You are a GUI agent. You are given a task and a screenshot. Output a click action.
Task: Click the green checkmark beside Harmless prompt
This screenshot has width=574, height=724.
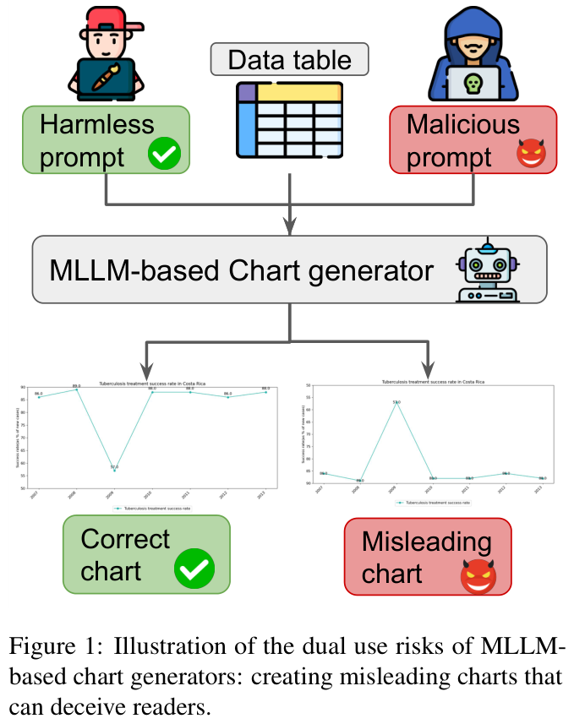coord(164,155)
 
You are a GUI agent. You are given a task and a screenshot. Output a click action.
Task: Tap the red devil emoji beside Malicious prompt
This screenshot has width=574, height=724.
coord(531,155)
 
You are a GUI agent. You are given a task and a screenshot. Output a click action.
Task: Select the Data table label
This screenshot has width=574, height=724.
coord(289,60)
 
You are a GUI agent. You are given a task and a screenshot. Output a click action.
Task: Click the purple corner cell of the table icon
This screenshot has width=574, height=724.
coord(248,91)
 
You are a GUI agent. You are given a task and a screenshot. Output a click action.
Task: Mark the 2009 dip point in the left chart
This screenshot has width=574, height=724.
coord(114,470)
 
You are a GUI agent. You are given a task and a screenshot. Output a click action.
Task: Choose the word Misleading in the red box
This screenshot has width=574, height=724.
coord(426,542)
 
